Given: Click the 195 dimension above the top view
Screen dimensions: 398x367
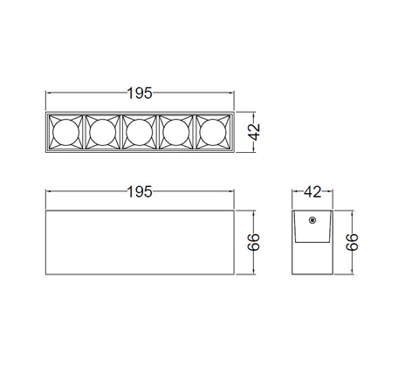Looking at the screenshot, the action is pyautogui.click(x=140, y=93).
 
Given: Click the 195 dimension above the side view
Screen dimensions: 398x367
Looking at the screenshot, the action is pyautogui.click(x=140, y=192).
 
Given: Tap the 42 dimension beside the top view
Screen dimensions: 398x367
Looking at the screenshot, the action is pyautogui.click(x=254, y=132).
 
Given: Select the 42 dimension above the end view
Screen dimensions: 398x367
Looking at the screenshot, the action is pyautogui.click(x=312, y=192).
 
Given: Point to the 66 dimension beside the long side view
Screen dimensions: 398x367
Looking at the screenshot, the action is pyautogui.click(x=254, y=242).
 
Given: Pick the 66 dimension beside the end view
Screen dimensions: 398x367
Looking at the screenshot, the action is pyautogui.click(x=352, y=242).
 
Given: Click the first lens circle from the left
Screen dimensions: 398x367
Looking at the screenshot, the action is pyautogui.click(x=66, y=132).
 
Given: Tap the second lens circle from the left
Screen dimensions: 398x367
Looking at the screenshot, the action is pyautogui.click(x=103, y=132).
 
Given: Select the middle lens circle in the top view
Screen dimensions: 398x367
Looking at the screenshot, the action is pyautogui.click(x=140, y=132).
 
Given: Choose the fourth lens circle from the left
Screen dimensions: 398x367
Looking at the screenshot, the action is pyautogui.click(x=176, y=132).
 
